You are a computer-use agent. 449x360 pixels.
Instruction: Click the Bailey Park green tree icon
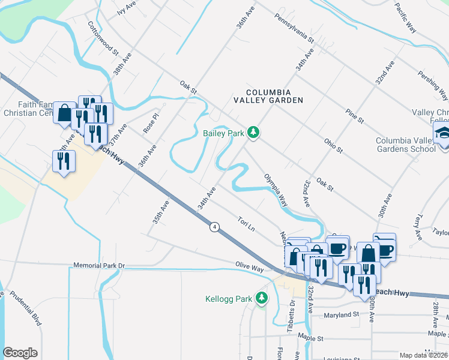pyautogui.click(x=253, y=133)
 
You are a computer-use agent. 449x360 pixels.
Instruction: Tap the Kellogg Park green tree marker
pyautogui.click(x=261, y=298)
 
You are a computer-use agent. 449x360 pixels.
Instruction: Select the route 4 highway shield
pyautogui.click(x=214, y=227)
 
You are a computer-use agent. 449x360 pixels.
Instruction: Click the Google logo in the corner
pyautogui.click(x=20, y=353)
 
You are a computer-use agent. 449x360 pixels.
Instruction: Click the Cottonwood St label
pyautogui.click(x=96, y=36)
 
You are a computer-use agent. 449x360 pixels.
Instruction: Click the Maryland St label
pyautogui.click(x=341, y=314)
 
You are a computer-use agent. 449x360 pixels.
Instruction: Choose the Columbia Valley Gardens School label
pyautogui.click(x=405, y=145)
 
